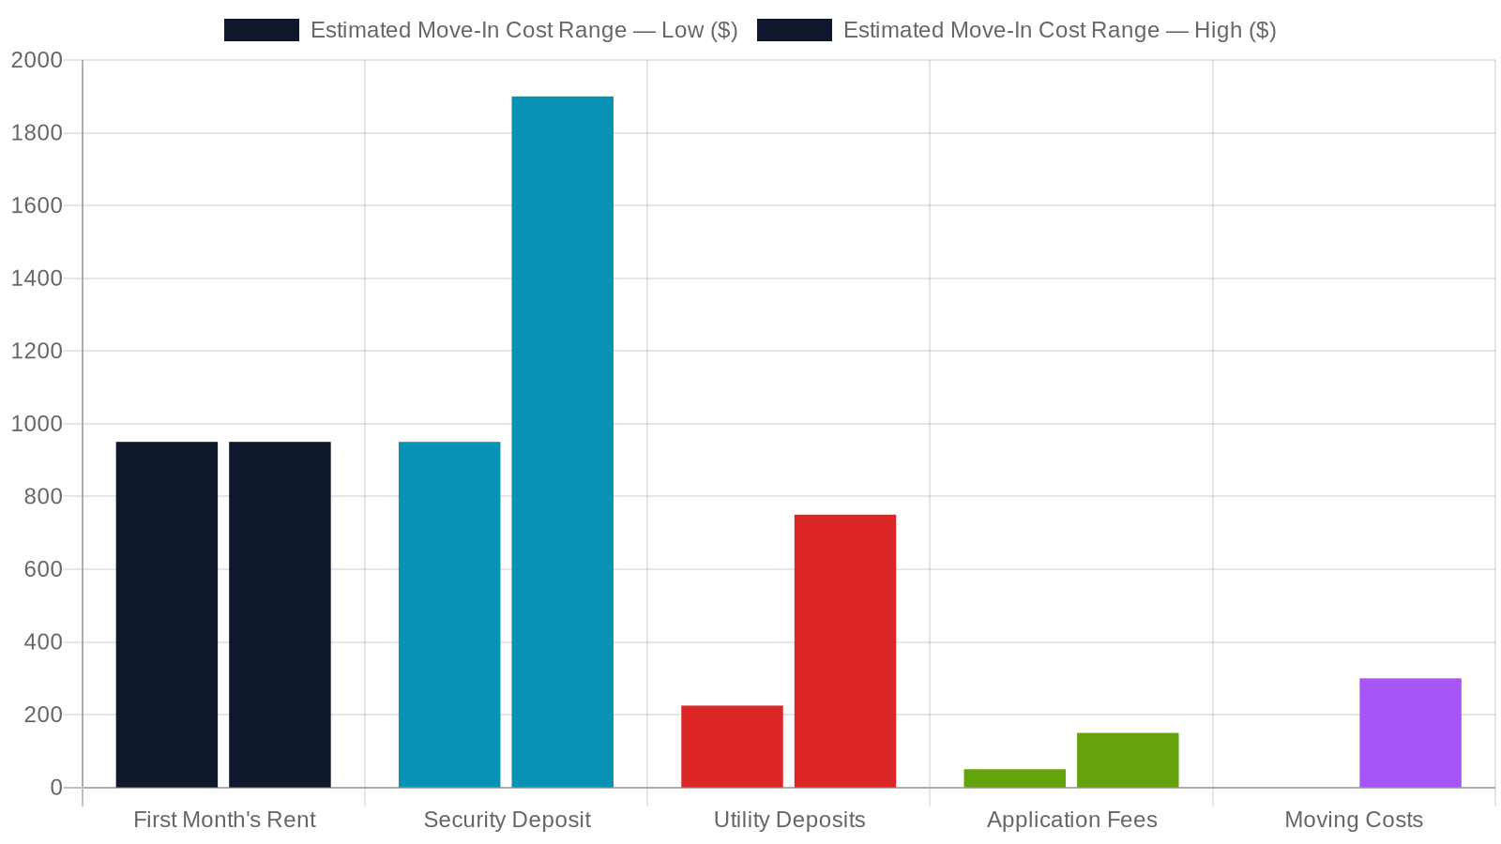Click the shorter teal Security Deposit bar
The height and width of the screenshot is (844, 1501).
pos(449,614)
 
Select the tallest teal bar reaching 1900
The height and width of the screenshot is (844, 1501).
pos(562,442)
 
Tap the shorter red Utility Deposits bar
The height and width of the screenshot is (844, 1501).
pos(732,746)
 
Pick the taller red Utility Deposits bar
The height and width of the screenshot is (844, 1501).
pos(845,651)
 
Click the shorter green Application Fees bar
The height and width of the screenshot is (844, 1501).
pos(1014,778)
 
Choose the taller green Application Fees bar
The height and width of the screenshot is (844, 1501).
pos(1128,761)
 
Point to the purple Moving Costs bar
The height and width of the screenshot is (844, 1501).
pos(1411,732)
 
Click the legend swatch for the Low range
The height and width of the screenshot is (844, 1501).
pos(262,30)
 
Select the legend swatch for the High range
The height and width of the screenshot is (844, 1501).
pos(794,30)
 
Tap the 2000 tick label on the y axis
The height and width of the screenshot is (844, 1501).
pos(37,60)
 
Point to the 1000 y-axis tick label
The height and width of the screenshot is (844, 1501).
pos(37,424)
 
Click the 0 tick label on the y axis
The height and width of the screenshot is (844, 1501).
pos(56,788)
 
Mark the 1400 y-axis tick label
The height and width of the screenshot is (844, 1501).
pos(37,278)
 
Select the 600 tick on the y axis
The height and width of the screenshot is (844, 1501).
pos(43,569)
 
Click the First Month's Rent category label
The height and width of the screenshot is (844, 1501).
pos(224,820)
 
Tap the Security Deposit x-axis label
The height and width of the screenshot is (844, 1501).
pos(508,820)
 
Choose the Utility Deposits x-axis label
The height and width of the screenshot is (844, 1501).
pos(789,820)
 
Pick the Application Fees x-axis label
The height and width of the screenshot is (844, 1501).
pos(1072,820)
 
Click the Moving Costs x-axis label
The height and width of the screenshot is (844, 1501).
pos(1354,820)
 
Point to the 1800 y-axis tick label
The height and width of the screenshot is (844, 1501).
pos(37,132)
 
